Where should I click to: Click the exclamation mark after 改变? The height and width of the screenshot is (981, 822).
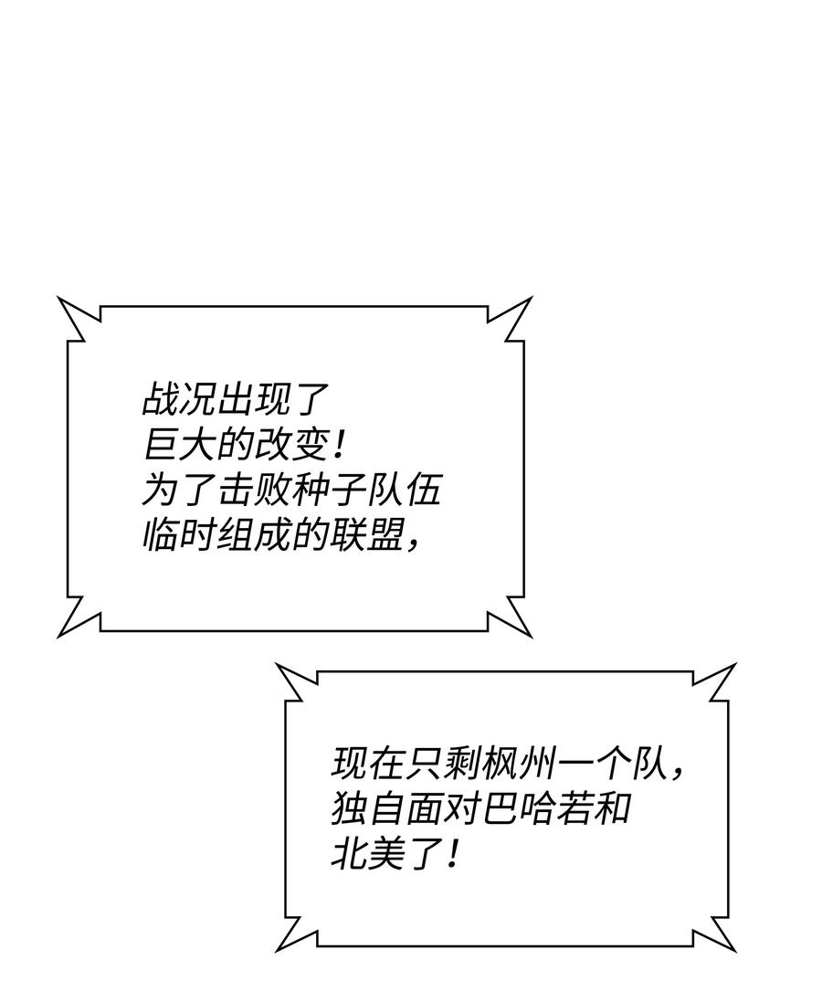(339, 446)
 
